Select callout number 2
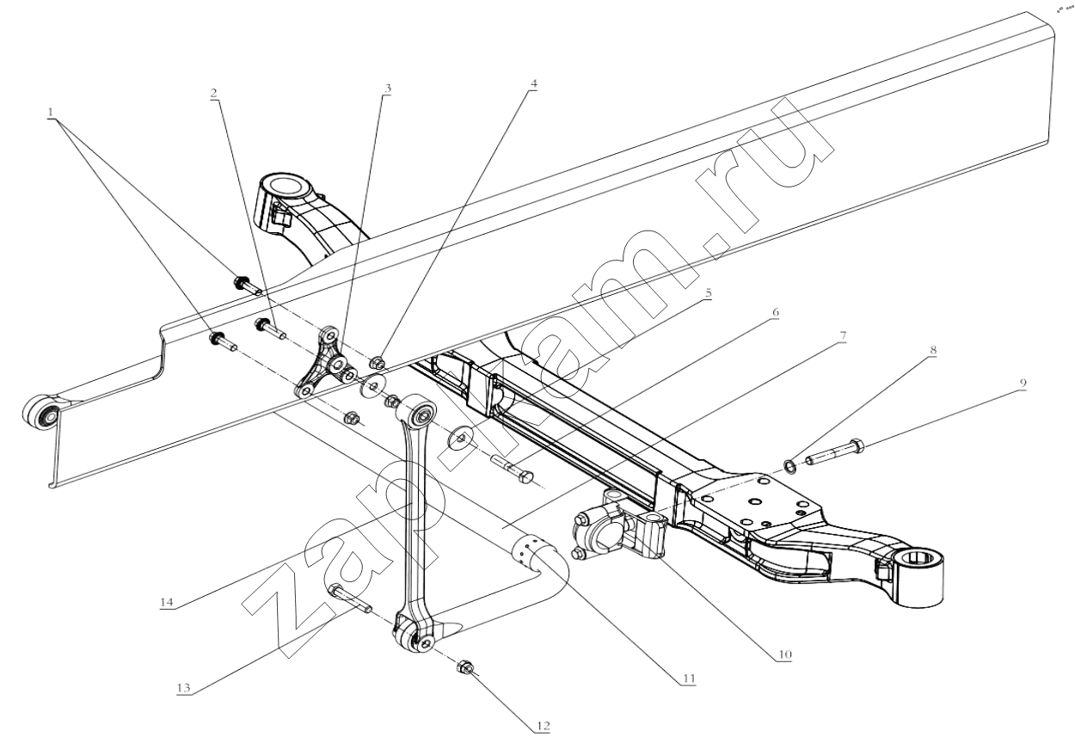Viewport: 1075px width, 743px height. (213, 92)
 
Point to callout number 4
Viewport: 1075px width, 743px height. (534, 84)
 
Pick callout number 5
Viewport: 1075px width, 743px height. (709, 292)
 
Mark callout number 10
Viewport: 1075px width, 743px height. (783, 654)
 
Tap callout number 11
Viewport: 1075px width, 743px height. (687, 679)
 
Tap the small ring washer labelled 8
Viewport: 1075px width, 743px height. (789, 467)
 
